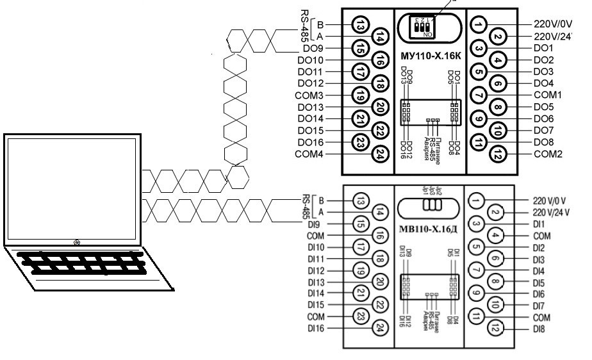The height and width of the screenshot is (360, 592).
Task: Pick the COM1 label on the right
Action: [547, 95]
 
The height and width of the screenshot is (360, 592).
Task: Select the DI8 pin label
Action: [539, 329]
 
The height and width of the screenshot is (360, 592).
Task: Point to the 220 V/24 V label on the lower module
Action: [551, 212]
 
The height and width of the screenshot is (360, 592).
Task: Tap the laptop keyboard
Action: [77, 262]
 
